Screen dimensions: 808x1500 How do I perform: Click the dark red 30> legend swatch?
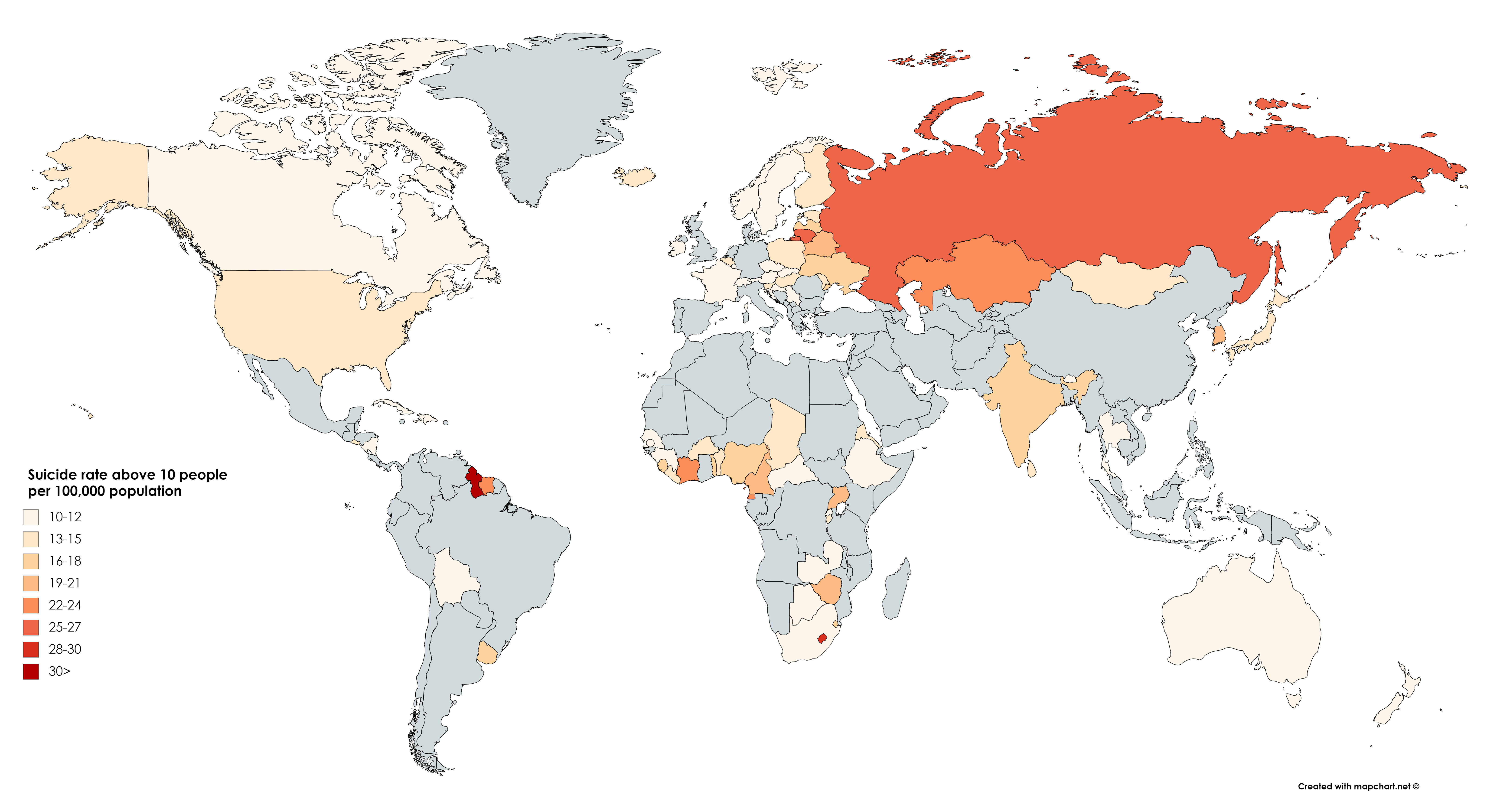31,671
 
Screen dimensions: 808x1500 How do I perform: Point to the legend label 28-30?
65,649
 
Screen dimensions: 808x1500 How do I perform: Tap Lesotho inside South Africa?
822,638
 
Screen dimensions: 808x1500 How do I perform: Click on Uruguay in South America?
488,653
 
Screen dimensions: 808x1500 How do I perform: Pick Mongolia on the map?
1121,281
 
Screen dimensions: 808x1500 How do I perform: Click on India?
1022,402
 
